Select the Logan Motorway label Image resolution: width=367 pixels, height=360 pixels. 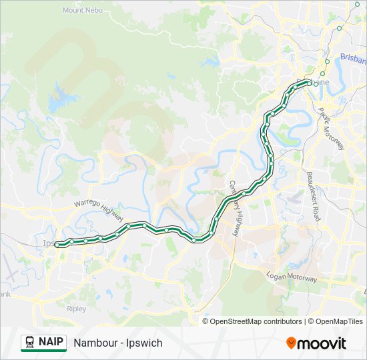[x=291, y=275]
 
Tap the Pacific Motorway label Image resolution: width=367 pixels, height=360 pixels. [x=331, y=127]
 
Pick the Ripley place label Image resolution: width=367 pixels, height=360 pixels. [x=76, y=309]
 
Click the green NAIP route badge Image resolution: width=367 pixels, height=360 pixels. [x=43, y=343]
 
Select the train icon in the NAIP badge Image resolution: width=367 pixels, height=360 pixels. [x=30, y=343]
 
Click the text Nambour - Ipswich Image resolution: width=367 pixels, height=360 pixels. [x=118, y=343]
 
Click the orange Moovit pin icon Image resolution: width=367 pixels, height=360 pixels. [x=291, y=343]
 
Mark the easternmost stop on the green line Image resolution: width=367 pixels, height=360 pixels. [x=308, y=82]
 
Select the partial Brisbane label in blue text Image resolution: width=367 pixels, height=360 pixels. [x=353, y=57]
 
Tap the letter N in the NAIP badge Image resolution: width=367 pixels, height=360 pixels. [x=43, y=343]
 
